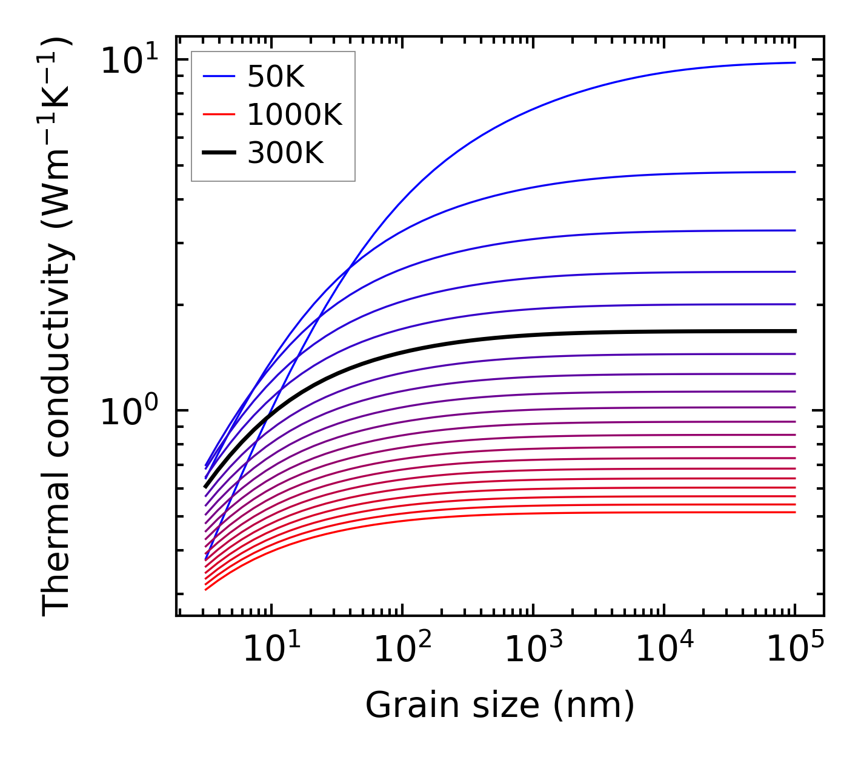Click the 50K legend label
coord(276,76)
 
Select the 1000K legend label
coord(294,115)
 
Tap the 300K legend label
coord(285,153)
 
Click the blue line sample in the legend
coord(218,76)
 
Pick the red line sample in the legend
coord(218,115)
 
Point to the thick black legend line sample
coord(218,153)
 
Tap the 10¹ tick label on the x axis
coord(271,648)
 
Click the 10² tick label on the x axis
coord(402,648)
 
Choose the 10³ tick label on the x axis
coord(533,648)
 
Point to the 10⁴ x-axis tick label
coord(664,648)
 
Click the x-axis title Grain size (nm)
coord(500,705)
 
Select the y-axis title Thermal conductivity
coord(57,327)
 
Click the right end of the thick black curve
coord(794,331)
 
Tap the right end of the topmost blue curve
coord(794,62)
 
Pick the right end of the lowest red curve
coord(794,512)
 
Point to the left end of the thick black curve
coord(205,487)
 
